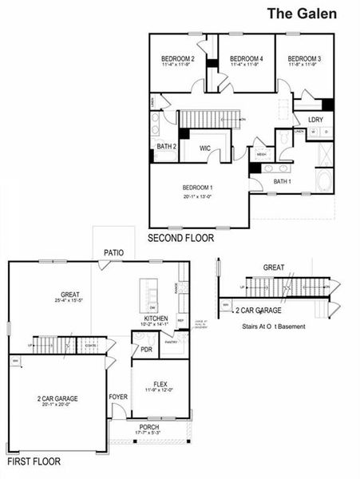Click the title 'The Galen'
click(301, 14)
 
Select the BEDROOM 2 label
click(178, 59)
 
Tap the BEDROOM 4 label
click(240, 59)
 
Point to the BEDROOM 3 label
click(304, 59)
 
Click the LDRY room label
click(315, 119)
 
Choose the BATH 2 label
click(165, 147)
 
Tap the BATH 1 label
click(283, 181)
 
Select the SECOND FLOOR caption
click(180, 238)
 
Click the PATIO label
click(113, 252)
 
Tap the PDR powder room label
click(146, 349)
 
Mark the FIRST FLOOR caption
click(34, 461)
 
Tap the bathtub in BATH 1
click(325, 180)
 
